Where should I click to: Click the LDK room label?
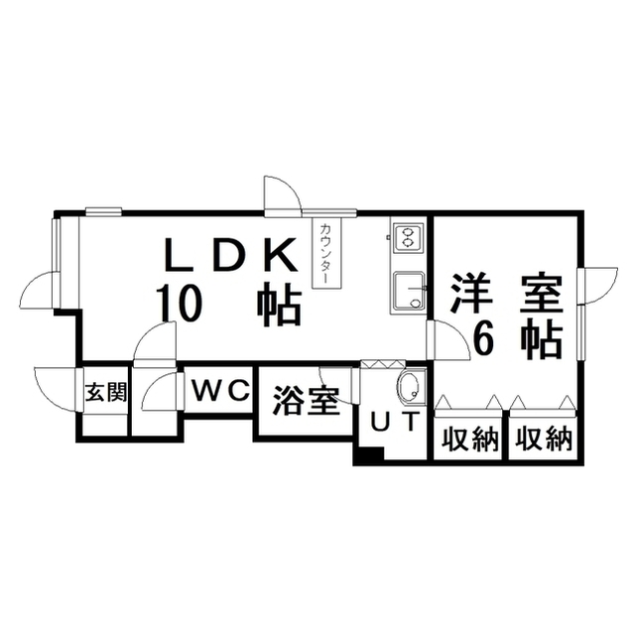point(229,257)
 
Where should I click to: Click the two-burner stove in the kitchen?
point(407,238)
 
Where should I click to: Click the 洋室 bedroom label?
point(507,294)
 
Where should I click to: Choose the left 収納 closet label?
point(469,438)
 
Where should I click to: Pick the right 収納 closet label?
point(543,438)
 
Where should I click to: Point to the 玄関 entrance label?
point(105,391)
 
